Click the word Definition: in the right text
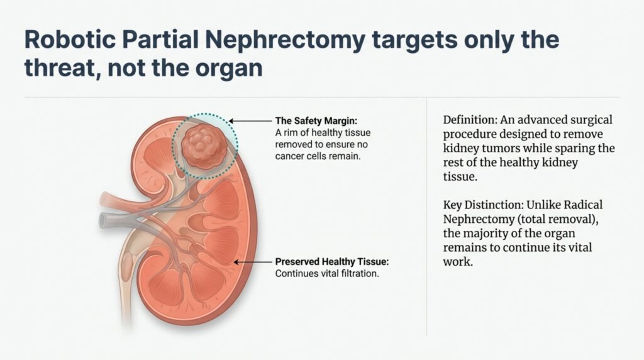point(470,120)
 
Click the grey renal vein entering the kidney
point(110,219)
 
